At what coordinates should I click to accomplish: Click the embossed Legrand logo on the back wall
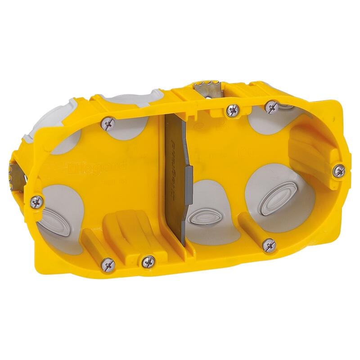click(x=97, y=168)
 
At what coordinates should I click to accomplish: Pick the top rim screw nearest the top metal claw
click(x=233, y=109)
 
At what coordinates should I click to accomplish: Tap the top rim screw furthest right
click(x=272, y=107)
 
